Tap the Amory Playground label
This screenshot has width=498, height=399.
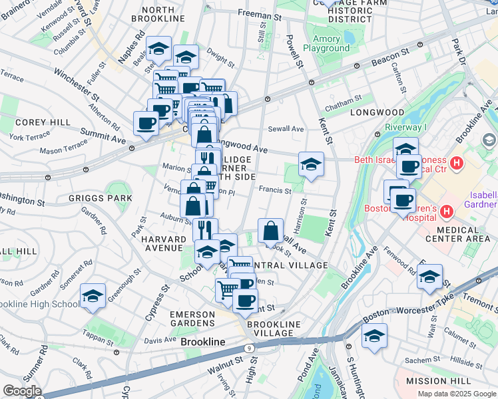tap(326, 43)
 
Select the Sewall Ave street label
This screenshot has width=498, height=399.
tap(286, 128)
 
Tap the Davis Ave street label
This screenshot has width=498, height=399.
tap(160, 340)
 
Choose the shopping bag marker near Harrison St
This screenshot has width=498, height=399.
tap(270, 231)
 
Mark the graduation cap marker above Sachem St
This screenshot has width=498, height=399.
tap(374, 336)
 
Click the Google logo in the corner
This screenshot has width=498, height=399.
tap(21, 391)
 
